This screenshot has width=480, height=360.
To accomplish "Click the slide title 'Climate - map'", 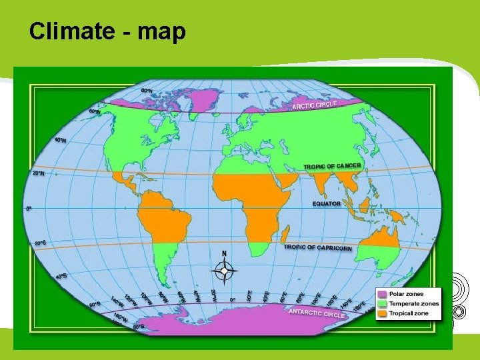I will click(107, 31).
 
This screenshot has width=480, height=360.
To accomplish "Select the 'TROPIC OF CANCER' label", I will click(332, 166).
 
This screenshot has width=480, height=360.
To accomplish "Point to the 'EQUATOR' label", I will click(327, 203).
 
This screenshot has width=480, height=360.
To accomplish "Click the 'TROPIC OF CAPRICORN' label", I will click(317, 247).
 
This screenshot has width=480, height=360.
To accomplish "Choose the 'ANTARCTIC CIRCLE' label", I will click(317, 313).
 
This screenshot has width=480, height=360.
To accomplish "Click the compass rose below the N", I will click(225, 271).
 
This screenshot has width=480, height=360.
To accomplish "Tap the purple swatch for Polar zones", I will click(382, 294).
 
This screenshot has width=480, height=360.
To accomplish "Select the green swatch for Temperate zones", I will click(382, 303).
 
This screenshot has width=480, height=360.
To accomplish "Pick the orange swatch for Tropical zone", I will click(382, 313).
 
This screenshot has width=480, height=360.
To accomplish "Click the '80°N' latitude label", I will click(147, 90).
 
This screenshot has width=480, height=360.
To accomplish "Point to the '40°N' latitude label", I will click(60, 141).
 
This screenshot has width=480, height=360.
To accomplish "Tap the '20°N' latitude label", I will click(39, 173).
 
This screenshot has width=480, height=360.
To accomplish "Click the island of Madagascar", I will click(285, 234).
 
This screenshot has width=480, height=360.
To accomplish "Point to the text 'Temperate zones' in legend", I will click(414, 303).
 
